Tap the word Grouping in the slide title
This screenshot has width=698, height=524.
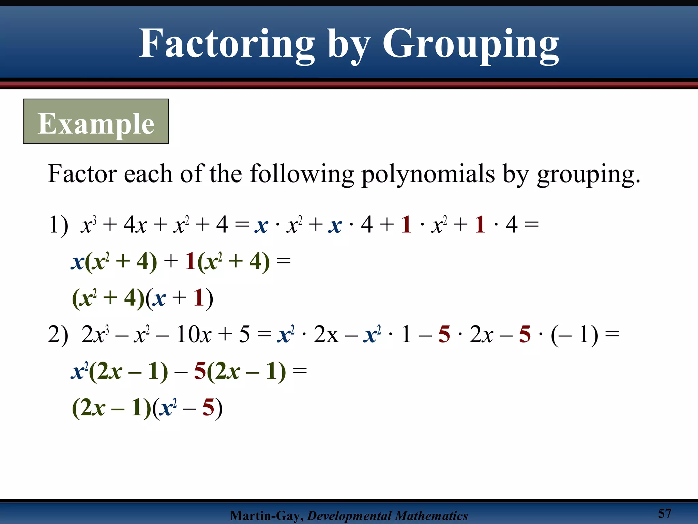point(470,44)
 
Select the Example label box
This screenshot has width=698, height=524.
point(96,121)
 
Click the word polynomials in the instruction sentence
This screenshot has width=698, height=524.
point(428,174)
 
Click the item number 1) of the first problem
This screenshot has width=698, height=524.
point(58,225)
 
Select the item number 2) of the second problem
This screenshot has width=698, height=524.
point(58,335)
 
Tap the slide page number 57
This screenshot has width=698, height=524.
point(664,513)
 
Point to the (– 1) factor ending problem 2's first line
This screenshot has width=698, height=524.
point(574,335)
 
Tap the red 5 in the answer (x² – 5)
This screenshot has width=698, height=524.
point(208,407)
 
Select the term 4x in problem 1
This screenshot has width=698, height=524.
point(135,225)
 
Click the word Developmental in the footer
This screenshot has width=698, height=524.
point(350,515)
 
